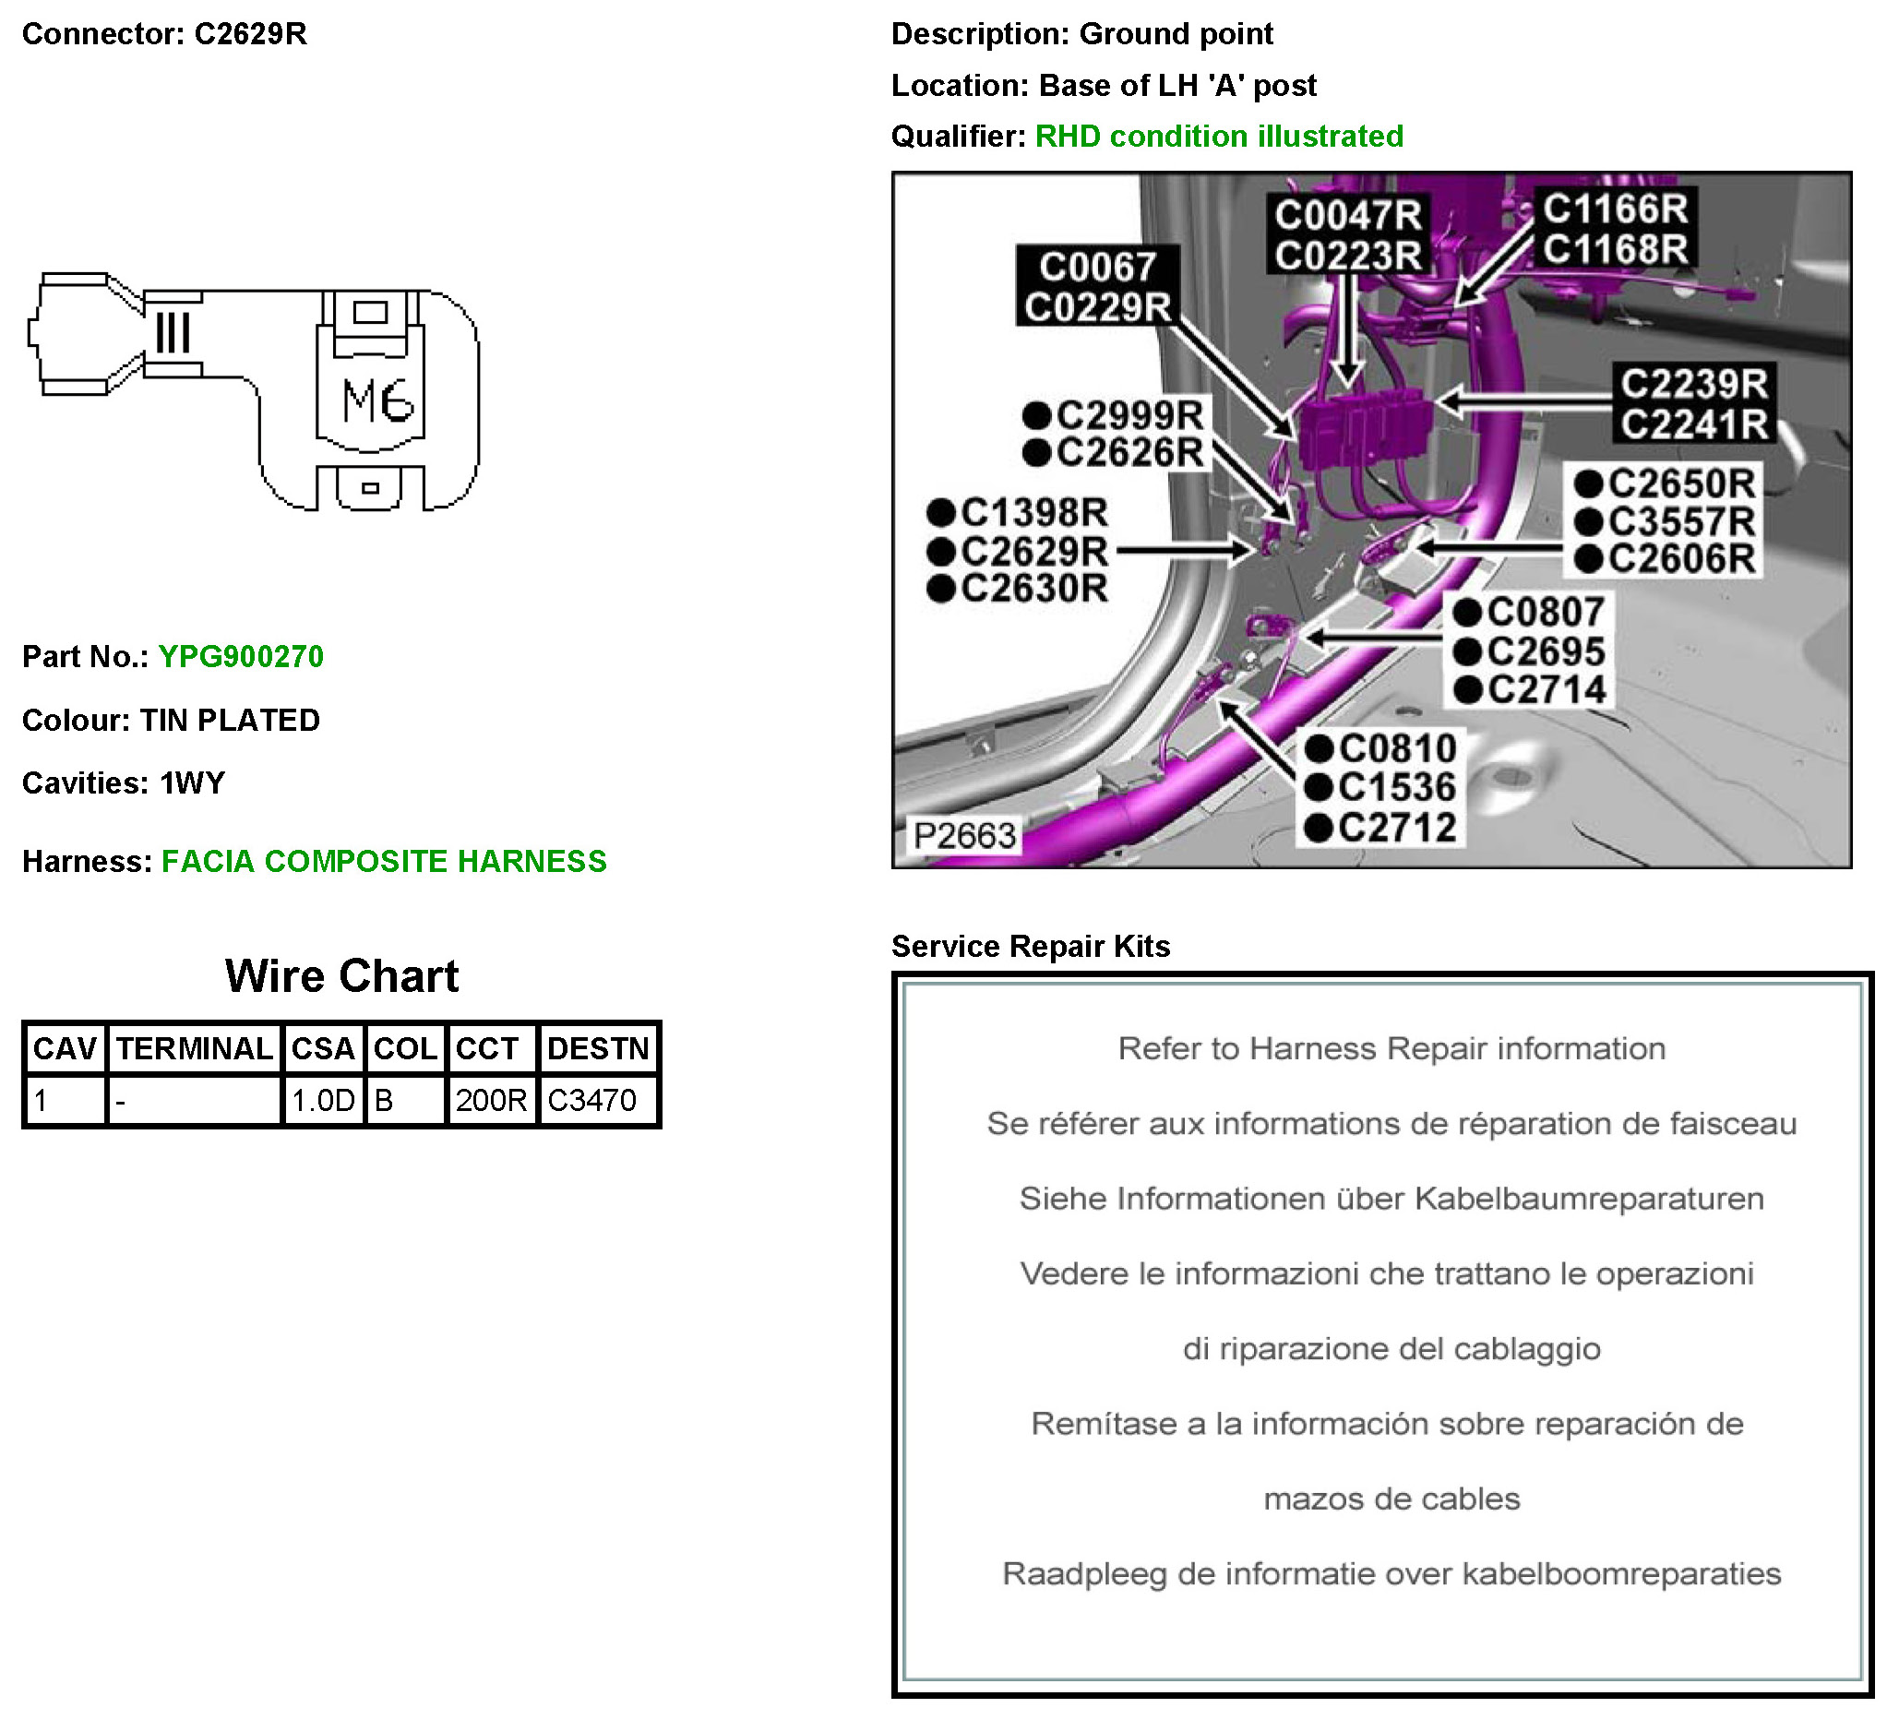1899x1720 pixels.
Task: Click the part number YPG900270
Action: pos(240,657)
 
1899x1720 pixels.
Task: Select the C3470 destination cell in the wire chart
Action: pos(591,1100)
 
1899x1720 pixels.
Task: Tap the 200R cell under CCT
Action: pos(491,1100)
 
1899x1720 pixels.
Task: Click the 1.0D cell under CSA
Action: pos(322,1100)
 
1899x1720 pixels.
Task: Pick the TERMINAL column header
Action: pos(194,1048)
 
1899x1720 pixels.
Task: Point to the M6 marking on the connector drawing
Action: pos(376,401)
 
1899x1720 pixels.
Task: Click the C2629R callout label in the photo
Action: pos(1033,551)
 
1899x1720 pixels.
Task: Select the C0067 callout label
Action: pos(1097,267)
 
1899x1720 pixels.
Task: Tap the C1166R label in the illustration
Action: pos(1615,209)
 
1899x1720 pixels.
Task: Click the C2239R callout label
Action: pos(1693,384)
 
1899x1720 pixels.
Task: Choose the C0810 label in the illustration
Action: pos(1397,749)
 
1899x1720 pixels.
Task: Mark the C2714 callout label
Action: pos(1546,689)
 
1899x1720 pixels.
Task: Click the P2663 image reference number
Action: pos(964,835)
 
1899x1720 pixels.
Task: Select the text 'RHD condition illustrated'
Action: pos(1219,137)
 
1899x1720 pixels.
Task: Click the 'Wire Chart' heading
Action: pos(342,976)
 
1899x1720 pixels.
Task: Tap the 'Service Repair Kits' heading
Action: pos(1031,946)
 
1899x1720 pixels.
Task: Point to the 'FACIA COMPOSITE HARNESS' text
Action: pos(384,861)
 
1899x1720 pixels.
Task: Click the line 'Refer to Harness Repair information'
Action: pos(1391,1048)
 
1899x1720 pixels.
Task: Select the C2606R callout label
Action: pos(1680,558)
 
